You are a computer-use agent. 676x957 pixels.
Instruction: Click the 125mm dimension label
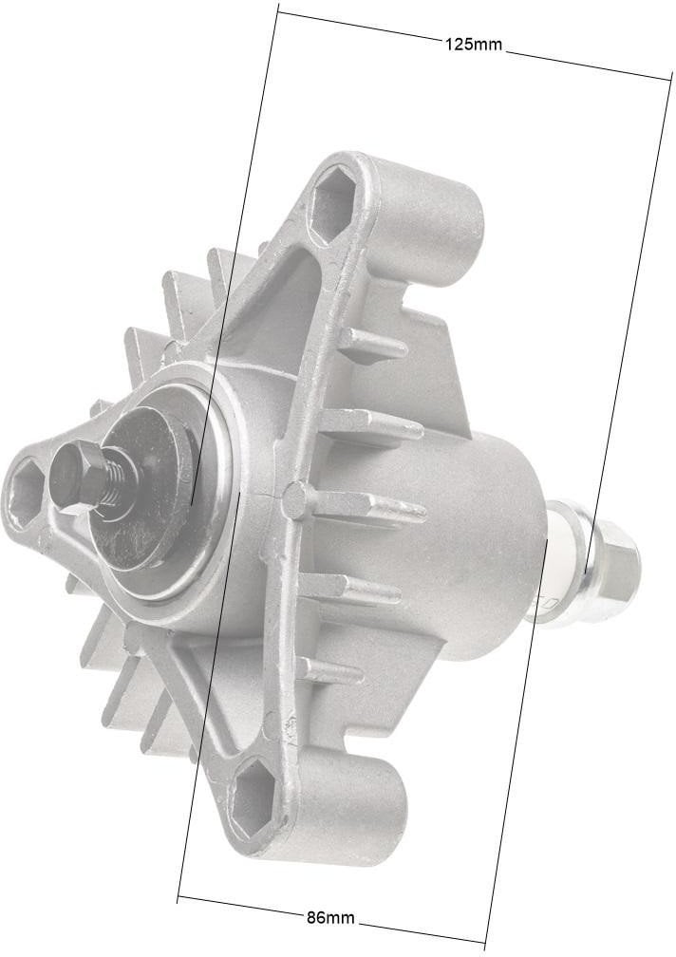pyautogui.click(x=474, y=44)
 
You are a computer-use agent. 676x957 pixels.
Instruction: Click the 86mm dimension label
pyautogui.click(x=330, y=917)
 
